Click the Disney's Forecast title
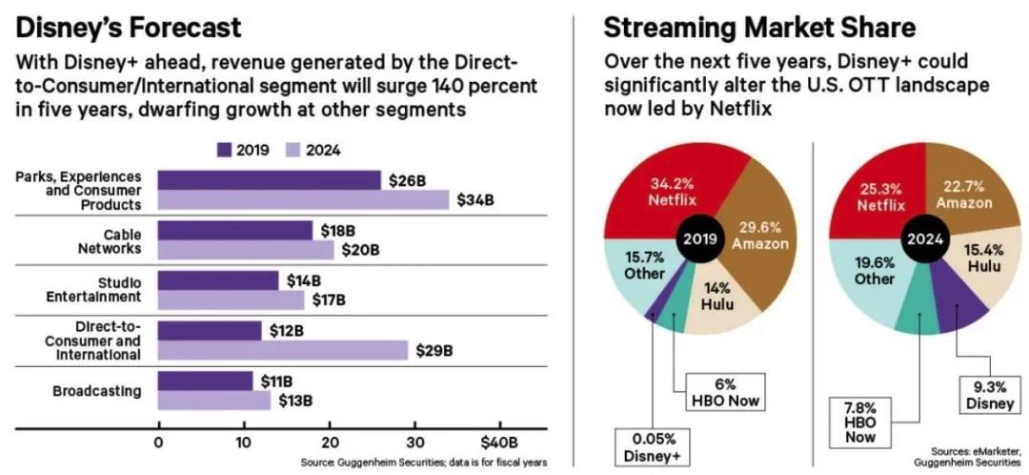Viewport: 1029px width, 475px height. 129,28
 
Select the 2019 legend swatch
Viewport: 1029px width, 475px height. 225,150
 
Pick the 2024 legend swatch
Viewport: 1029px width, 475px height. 293,150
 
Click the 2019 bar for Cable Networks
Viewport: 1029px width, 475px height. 235,231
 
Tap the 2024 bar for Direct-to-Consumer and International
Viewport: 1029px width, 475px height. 283,349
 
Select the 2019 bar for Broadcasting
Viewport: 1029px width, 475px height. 206,382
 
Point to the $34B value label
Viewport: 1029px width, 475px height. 475,199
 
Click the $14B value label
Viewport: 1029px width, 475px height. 304,280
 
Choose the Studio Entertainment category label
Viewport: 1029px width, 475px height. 93,290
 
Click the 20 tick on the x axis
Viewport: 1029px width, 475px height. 330,443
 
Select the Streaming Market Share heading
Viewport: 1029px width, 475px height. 759,28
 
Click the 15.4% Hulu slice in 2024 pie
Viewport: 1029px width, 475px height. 984,263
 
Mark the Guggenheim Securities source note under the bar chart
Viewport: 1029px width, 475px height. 423,462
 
